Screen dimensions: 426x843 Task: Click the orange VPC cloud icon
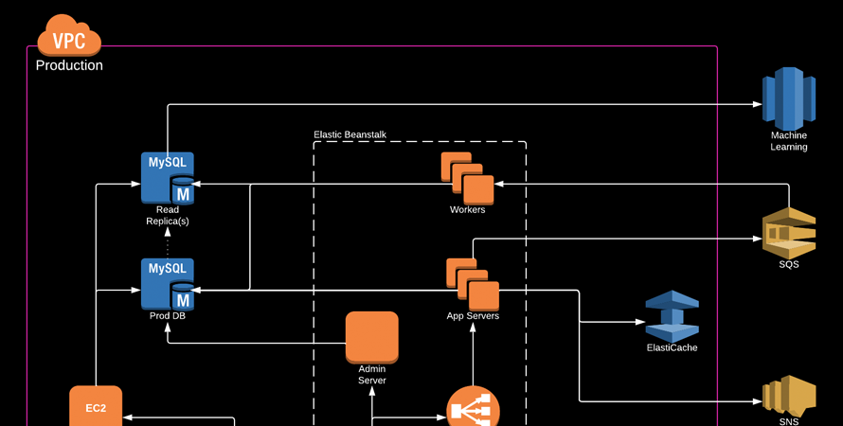click(68, 38)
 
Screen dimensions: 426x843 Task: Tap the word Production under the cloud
click(69, 66)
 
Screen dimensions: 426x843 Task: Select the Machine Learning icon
click(789, 98)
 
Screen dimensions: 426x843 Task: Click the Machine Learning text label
click(789, 141)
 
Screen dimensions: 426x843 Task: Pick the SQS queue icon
click(789, 232)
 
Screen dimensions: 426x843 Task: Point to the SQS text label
click(789, 264)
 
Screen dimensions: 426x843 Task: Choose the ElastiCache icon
click(672, 316)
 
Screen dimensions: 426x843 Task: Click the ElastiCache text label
click(672, 347)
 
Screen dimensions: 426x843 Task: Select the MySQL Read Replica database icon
click(168, 177)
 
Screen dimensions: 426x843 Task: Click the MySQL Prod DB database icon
click(168, 283)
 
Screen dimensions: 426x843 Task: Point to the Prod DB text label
click(168, 315)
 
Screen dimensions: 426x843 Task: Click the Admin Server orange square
click(371, 337)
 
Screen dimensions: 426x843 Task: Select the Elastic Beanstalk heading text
click(350, 135)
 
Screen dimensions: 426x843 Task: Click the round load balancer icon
click(473, 409)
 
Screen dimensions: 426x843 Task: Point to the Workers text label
click(467, 209)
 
